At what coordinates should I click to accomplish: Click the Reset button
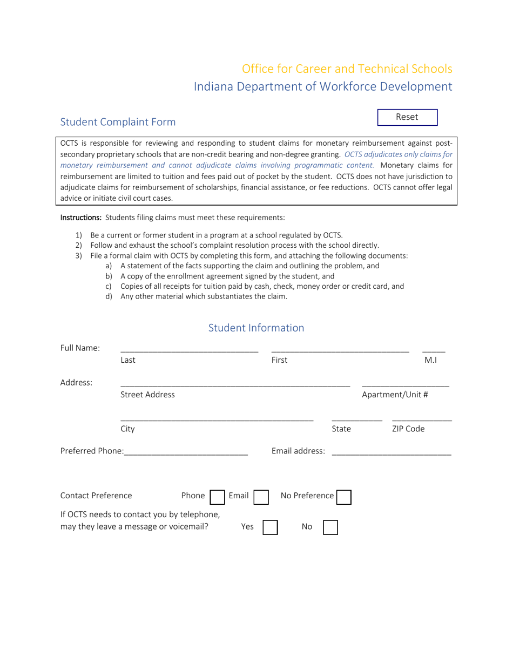(x=407, y=117)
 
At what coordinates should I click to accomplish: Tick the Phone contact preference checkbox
(x=217, y=497)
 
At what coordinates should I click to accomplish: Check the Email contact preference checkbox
(x=261, y=497)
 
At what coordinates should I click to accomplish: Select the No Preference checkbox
(x=344, y=497)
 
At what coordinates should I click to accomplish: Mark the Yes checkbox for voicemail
(x=270, y=527)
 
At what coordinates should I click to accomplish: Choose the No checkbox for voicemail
(x=330, y=527)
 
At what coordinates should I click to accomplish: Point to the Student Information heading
(x=256, y=328)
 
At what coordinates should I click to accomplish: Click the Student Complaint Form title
(x=118, y=122)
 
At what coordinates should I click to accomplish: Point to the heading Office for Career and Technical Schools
(x=347, y=69)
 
